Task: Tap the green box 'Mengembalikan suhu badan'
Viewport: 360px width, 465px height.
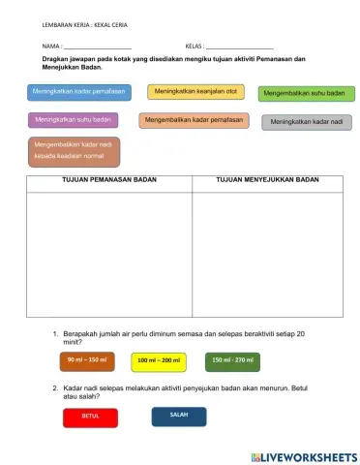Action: click(x=305, y=94)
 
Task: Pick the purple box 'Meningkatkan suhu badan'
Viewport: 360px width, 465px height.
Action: click(x=73, y=120)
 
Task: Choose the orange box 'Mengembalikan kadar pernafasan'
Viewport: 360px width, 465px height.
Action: click(x=193, y=120)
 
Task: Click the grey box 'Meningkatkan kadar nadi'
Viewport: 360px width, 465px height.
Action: click(x=306, y=122)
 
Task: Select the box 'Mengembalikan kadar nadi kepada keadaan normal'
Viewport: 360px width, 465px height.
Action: click(x=74, y=150)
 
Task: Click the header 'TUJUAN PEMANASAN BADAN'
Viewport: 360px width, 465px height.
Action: click(x=108, y=180)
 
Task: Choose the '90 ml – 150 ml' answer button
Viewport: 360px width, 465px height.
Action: click(x=87, y=361)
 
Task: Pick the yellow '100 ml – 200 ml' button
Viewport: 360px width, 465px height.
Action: click(x=158, y=361)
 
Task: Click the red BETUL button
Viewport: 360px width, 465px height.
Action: click(x=90, y=417)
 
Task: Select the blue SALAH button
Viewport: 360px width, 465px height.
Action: click(x=179, y=416)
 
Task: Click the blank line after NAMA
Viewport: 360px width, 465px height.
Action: click(x=98, y=47)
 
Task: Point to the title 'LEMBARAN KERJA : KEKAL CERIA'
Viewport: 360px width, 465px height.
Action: click(x=85, y=23)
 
